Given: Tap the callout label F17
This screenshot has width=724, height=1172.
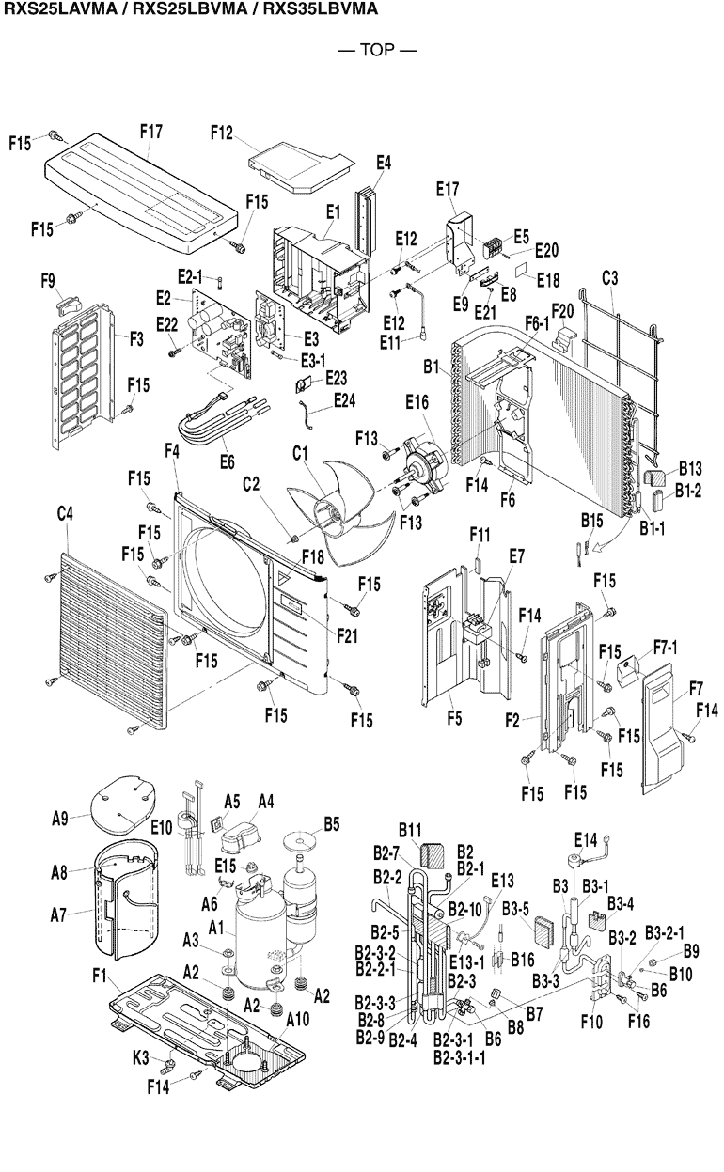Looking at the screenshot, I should point(153,131).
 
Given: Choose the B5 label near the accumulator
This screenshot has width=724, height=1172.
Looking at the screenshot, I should point(331,825).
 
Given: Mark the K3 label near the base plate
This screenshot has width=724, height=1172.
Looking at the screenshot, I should point(140,1059).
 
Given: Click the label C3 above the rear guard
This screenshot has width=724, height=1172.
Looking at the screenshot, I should point(609,278).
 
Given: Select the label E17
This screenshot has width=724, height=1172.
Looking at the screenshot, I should point(447,189).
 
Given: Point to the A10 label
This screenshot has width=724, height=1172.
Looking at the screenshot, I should point(296,1019).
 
